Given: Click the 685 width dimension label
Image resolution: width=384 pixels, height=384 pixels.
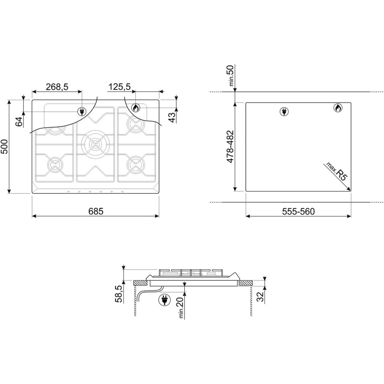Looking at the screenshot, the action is pos(96,211).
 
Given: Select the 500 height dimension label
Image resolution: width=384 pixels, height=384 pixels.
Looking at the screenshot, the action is pos(4,147).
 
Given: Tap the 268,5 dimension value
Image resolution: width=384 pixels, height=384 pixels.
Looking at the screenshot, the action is pos(57,87).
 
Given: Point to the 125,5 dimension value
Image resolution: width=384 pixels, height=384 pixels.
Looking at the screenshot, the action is pos(119,87).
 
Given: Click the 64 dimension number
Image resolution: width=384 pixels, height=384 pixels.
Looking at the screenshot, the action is pos(19,122).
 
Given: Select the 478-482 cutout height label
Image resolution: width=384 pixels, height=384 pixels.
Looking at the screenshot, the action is pos(230,147).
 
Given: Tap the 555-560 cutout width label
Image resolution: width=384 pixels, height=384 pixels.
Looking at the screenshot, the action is pos(298,211).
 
